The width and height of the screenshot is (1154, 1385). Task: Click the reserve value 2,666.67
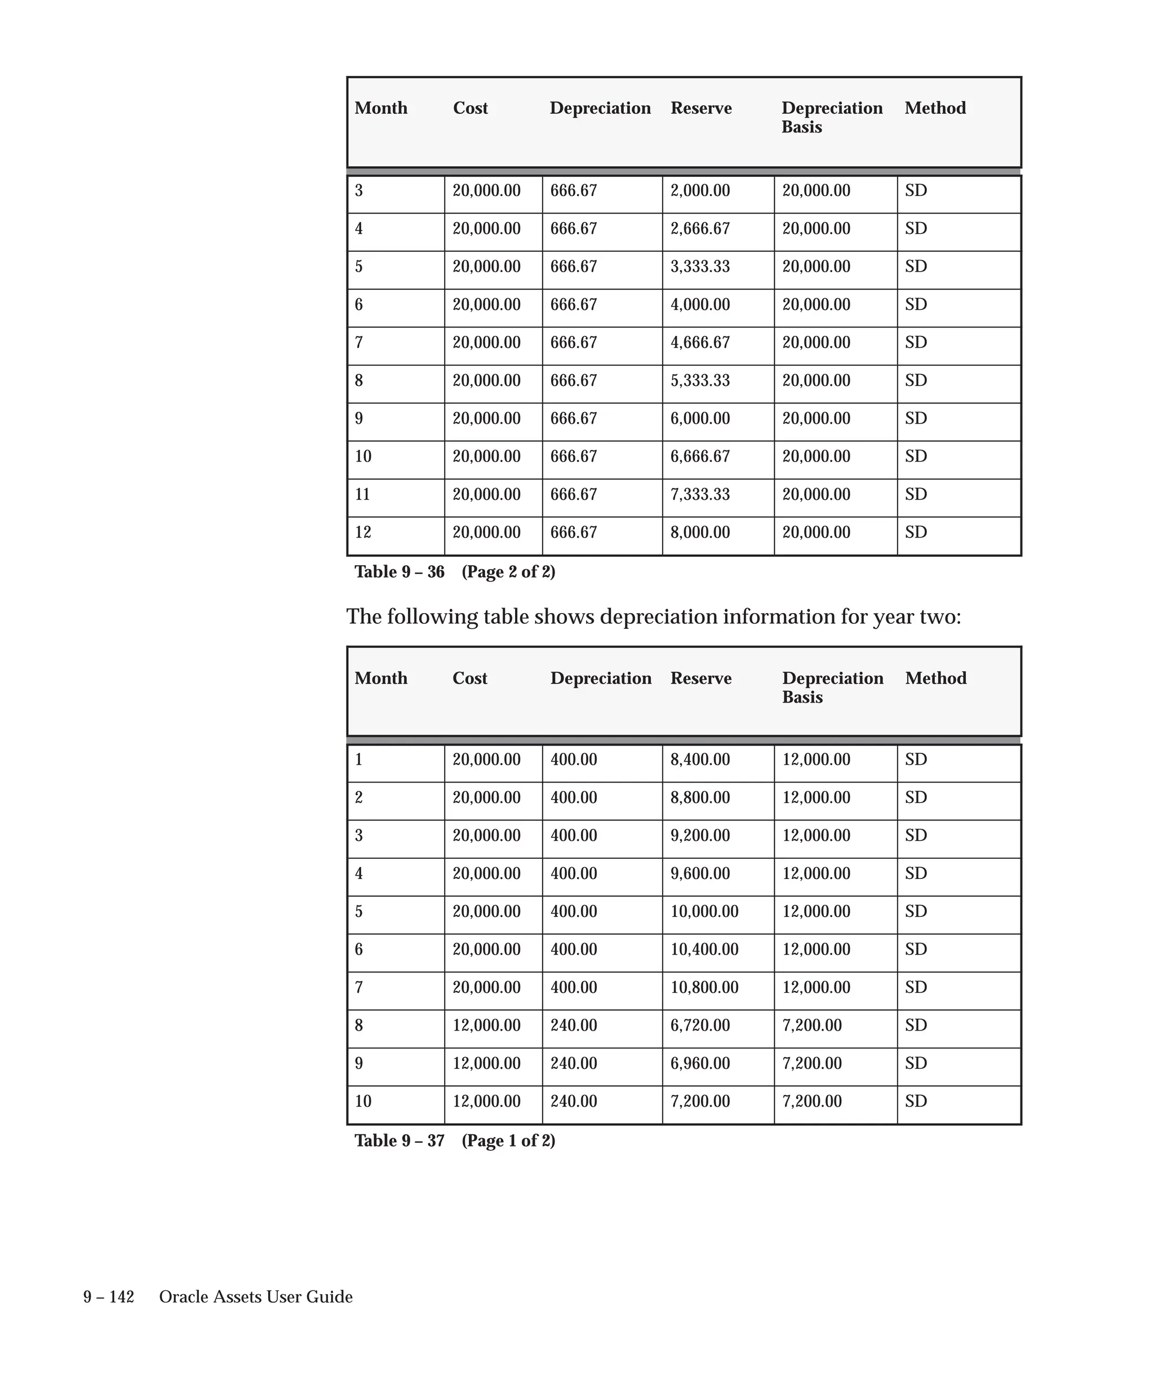tap(700, 229)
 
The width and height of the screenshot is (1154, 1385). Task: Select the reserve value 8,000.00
tap(700, 532)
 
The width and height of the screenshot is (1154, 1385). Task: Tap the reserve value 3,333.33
tap(700, 267)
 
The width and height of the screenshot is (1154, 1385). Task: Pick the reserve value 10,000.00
tap(704, 912)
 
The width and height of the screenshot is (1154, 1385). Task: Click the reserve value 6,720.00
tap(700, 1025)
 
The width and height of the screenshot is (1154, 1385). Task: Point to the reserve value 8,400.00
tap(700, 760)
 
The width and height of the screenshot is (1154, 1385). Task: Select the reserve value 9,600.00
tap(700, 873)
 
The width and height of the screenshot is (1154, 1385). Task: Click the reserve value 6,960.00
tap(700, 1063)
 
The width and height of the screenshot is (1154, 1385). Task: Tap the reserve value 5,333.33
tap(700, 380)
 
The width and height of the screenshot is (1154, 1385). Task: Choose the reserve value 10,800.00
tap(704, 987)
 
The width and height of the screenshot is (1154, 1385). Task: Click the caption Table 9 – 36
tap(399, 572)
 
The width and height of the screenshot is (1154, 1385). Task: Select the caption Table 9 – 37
tap(399, 1141)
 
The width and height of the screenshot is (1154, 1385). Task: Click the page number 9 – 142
tap(108, 1297)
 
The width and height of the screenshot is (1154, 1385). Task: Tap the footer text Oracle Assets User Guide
tap(256, 1297)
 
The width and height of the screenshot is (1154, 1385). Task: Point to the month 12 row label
tap(363, 532)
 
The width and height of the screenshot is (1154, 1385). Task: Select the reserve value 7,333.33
tap(700, 495)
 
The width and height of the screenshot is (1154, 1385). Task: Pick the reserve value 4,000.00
tap(700, 305)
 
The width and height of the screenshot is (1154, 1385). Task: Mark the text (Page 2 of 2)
tap(508, 572)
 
